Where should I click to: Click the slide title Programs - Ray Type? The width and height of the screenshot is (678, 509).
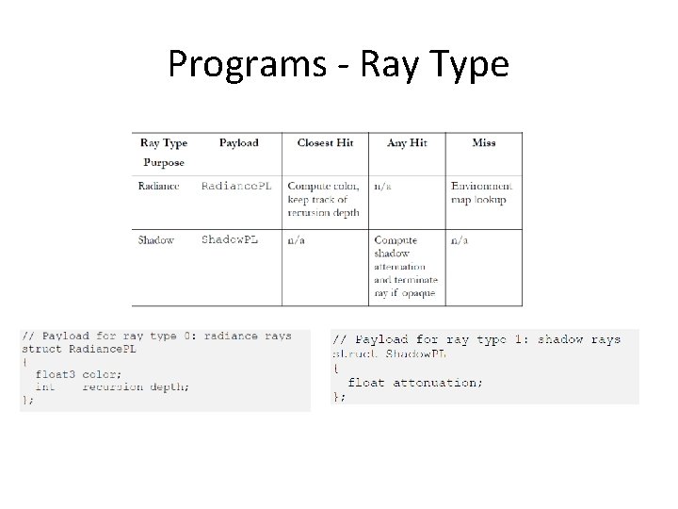coord(338,64)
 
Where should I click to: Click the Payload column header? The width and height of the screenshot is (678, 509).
coord(238,143)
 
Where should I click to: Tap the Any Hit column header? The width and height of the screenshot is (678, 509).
coord(407,143)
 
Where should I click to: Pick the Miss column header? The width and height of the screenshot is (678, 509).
coord(484,143)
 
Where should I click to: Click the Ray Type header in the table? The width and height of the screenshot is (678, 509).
coord(164,143)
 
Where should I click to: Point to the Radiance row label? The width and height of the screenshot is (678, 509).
coord(158,187)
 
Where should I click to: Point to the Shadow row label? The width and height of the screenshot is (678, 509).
coord(156,240)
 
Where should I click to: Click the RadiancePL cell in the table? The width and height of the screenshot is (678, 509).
coord(236,187)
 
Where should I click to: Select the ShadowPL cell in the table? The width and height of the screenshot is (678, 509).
coord(229,240)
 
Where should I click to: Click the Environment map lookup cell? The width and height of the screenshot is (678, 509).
coord(482,192)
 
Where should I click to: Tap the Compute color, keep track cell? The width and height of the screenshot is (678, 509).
coord(322,199)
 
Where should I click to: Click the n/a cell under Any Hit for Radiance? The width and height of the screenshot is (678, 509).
coord(383,187)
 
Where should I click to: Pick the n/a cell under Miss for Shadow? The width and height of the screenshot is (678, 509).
coord(460,240)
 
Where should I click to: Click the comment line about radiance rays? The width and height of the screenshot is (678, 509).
coord(156,337)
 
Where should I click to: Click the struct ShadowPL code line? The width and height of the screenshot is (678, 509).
coord(389,353)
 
